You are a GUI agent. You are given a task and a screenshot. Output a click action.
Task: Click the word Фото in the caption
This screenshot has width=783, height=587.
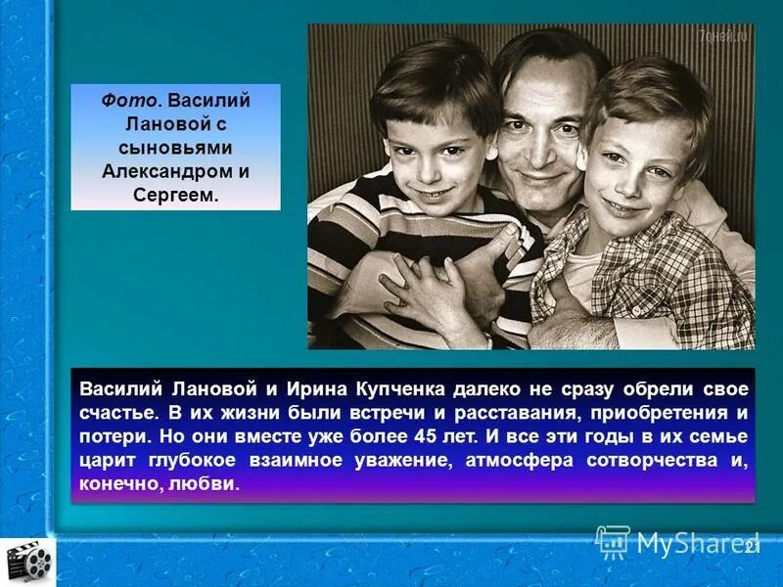125,101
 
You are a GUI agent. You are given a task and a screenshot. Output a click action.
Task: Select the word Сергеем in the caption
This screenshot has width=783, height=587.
172,194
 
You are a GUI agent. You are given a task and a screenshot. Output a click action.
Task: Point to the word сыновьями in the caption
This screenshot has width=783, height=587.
175,147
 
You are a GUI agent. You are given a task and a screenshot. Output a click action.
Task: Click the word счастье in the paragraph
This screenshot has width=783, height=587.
115,412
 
